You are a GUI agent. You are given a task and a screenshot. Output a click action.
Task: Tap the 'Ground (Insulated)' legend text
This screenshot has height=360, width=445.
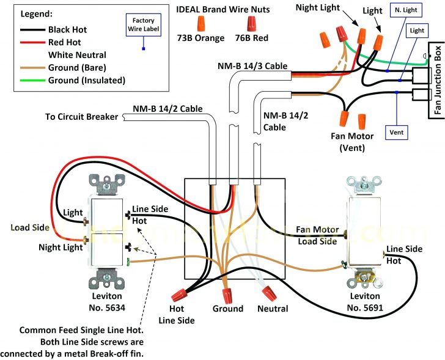[x=86, y=80]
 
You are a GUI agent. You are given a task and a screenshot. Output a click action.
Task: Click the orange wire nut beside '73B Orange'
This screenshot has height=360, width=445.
[x=200, y=24]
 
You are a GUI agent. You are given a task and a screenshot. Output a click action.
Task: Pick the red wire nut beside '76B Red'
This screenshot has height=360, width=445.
[x=251, y=24]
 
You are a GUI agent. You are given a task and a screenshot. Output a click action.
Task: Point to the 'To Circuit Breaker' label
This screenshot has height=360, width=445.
[x=81, y=117]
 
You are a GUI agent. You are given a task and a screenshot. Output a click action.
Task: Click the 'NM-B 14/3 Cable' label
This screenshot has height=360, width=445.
[x=252, y=65]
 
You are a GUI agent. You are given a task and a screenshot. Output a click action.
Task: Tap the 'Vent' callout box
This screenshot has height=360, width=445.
[x=397, y=132]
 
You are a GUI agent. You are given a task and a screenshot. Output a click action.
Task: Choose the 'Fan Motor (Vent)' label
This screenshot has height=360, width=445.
[x=344, y=142]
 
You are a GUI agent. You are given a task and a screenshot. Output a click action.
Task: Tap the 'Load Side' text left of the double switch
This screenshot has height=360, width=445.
[x=29, y=227]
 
